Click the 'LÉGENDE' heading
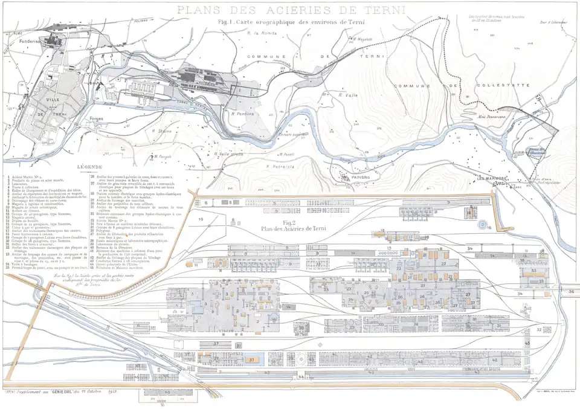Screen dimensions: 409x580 tap(89, 166)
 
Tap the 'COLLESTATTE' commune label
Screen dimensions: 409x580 tap(503, 86)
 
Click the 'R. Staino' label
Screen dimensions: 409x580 tap(163, 130)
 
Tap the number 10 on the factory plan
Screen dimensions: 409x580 tap(201, 218)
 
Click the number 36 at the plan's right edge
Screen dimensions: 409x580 tap(571, 291)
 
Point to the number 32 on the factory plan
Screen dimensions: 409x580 tap(539, 329)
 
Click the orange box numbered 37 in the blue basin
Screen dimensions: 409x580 tap(251, 359)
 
